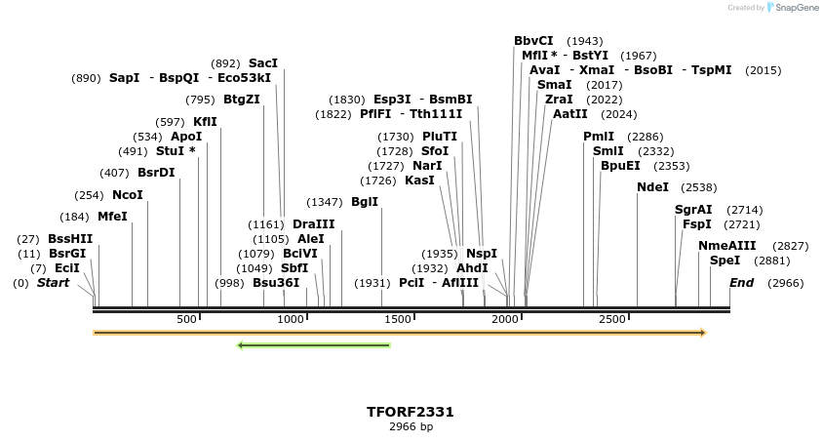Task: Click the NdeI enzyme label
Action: (652, 187)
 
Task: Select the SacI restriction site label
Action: (263, 63)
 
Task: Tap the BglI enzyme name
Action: (365, 202)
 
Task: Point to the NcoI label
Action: (128, 195)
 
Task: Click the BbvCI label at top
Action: (533, 41)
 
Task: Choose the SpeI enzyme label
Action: (725, 261)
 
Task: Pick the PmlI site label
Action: (599, 137)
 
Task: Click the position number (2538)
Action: (698, 187)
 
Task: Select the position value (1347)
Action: (325, 202)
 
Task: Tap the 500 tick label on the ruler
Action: (187, 320)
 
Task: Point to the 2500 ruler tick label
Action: (611, 320)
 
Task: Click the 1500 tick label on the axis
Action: (399, 320)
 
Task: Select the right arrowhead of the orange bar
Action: (702, 333)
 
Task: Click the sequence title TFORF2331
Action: (411, 412)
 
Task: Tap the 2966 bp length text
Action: (411, 427)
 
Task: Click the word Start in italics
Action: (54, 283)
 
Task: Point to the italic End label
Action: (741, 283)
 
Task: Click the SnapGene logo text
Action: (797, 8)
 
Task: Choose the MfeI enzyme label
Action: (112, 217)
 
